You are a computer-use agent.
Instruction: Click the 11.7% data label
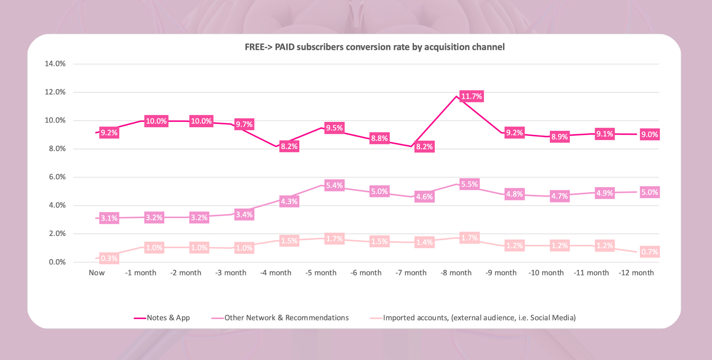[471, 96]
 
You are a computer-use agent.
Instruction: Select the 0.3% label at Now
[109, 258]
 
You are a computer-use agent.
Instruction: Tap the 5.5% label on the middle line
[469, 184]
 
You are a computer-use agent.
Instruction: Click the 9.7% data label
[244, 124]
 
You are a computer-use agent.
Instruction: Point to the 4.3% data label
[289, 201]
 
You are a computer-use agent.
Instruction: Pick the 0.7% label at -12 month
[649, 252]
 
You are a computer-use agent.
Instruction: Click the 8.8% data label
[379, 138]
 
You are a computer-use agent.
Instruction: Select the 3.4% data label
[244, 215]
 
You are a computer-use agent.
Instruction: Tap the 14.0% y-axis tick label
[55, 64]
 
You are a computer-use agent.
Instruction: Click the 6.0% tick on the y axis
[57, 177]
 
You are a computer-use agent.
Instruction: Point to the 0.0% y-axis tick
[57, 262]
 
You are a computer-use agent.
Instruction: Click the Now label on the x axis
[97, 273]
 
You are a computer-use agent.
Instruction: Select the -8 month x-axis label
[456, 273]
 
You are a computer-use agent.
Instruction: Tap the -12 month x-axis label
[636, 273]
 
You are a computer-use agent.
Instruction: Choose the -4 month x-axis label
[275, 273]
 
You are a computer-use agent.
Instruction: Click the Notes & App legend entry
[168, 318]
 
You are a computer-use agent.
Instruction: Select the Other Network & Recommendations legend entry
[286, 318]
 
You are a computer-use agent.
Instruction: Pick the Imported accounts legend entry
[479, 318]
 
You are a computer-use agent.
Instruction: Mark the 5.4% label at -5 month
[334, 185]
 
